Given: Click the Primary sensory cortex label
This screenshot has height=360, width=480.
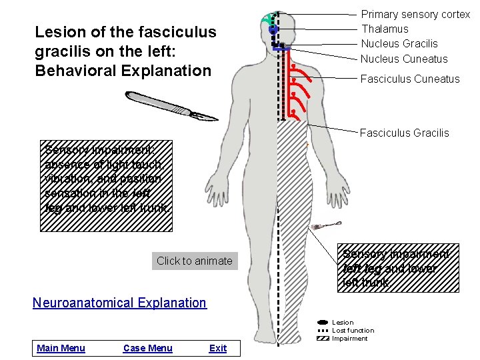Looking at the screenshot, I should click(415, 15).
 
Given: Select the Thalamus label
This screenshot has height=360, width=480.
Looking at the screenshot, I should click(385, 29).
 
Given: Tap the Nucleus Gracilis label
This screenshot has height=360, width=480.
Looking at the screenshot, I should click(399, 43).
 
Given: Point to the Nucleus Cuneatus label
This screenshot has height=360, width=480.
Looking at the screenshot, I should click(404, 59).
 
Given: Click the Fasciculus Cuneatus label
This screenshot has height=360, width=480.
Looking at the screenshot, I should click(410, 79).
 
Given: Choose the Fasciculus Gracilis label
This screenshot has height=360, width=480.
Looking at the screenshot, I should click(405, 133).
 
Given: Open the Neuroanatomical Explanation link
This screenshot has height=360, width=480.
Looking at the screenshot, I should click(120, 303).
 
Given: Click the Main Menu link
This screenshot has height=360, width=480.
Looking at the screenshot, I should click(61, 348).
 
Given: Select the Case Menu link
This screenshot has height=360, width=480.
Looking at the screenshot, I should click(148, 348).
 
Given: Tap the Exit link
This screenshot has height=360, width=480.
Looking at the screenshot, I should click(218, 348).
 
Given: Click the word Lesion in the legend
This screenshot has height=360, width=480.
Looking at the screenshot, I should click(343, 323).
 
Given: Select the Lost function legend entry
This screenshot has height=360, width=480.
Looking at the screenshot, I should click(353, 331).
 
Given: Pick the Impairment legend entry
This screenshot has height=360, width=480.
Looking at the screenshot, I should click(350, 339).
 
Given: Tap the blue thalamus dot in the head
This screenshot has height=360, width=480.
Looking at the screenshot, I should click(273, 30).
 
